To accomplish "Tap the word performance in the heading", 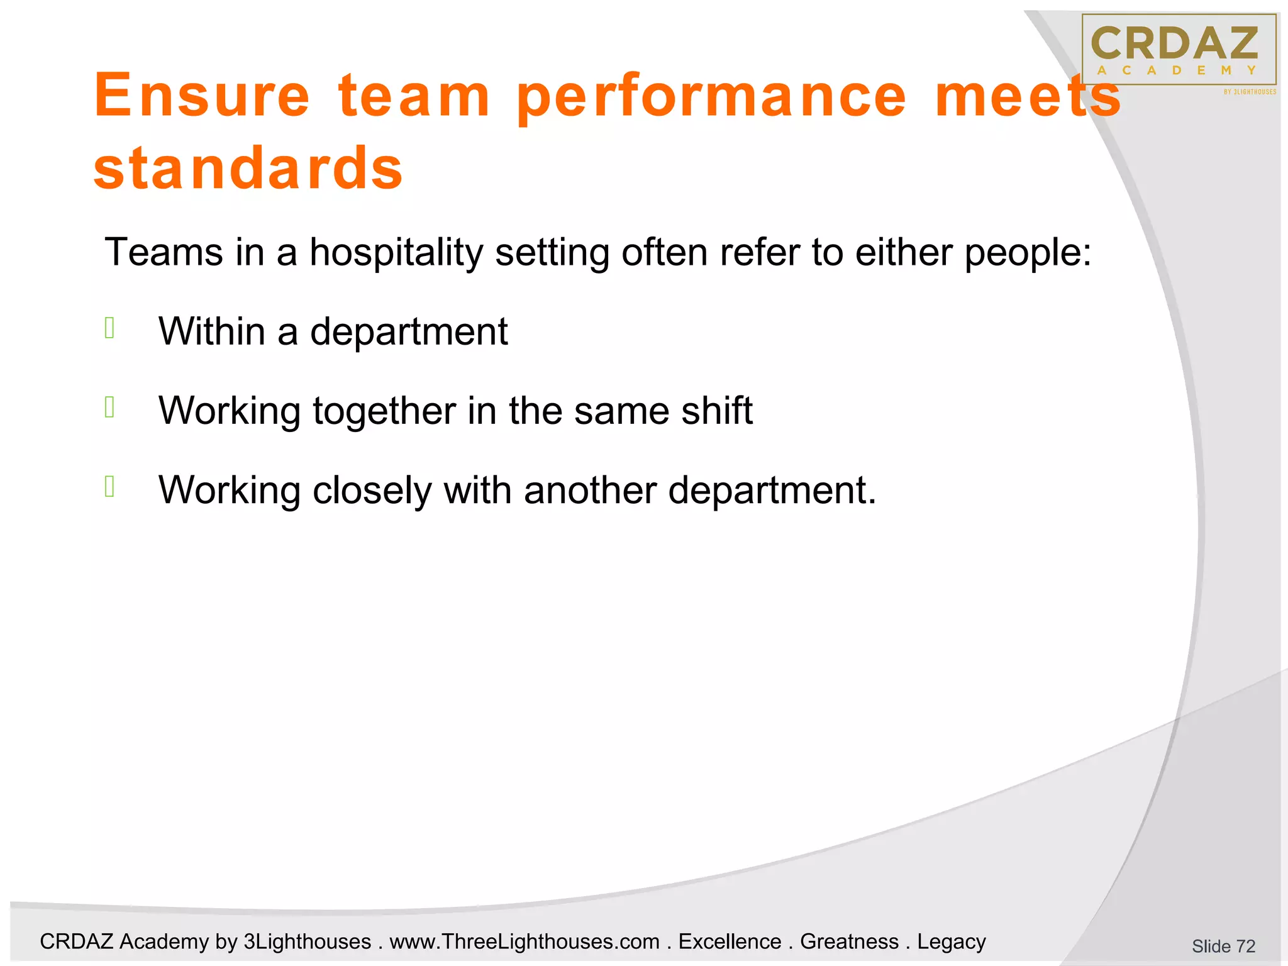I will pyautogui.click(x=711, y=97).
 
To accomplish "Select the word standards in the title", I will pyautogui.click(x=248, y=168).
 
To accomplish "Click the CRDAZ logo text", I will pyautogui.click(x=1174, y=43).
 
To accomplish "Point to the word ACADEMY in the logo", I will pyautogui.click(x=1176, y=70).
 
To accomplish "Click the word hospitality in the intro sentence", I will pyautogui.click(x=396, y=253).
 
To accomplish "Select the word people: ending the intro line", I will pyautogui.click(x=1028, y=253).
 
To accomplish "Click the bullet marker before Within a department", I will pyautogui.click(x=110, y=328).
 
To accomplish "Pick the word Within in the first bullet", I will pyautogui.click(x=212, y=331).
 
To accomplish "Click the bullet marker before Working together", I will pyautogui.click(x=110, y=408).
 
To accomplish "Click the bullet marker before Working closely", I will pyautogui.click(x=110, y=487).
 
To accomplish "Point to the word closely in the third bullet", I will pyautogui.click(x=372, y=491).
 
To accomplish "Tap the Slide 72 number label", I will pyautogui.click(x=1223, y=946).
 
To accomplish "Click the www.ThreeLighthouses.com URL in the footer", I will pyautogui.click(x=525, y=941).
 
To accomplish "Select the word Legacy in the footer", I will pyautogui.click(x=951, y=941).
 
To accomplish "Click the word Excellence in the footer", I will pyautogui.click(x=730, y=941).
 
